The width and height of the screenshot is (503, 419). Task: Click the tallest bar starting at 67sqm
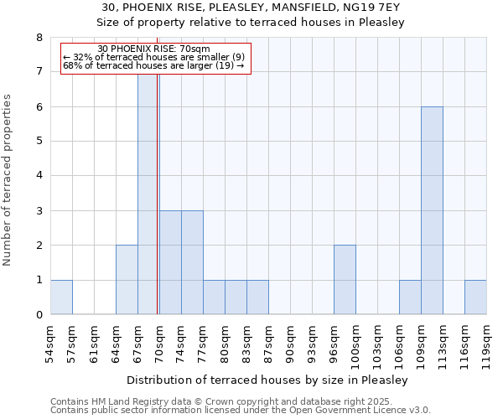tap(148, 193)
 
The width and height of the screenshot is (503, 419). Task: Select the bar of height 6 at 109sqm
tap(432, 210)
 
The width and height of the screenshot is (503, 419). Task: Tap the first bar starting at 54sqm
tap(61, 297)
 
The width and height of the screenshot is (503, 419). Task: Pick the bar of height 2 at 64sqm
tap(127, 280)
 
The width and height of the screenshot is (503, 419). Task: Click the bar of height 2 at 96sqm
tap(345, 280)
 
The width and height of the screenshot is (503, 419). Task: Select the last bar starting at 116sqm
tap(475, 297)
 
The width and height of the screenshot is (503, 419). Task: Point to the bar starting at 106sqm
tap(410, 297)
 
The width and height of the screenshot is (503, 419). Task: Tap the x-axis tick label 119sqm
tap(486, 345)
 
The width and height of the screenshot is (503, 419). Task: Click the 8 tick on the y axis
tap(39, 38)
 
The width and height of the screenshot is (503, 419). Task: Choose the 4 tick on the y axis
tap(39, 176)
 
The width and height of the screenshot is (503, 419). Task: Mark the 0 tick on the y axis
tap(39, 315)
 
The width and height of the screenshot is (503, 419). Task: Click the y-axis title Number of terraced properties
tap(8, 179)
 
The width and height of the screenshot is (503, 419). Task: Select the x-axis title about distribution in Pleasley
tap(268, 380)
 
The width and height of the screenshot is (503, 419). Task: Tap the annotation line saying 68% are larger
tap(153, 65)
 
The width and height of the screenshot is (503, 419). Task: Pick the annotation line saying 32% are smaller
tap(153, 57)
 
